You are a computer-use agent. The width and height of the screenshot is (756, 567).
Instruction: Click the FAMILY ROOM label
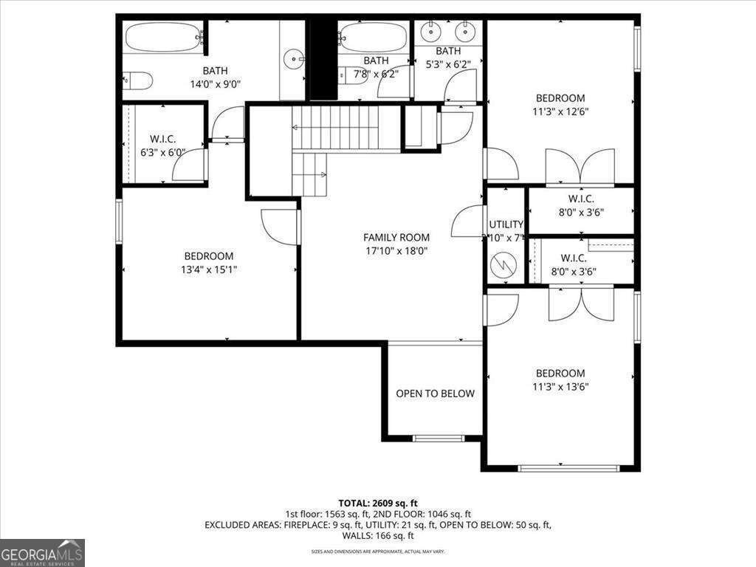pos(396,237)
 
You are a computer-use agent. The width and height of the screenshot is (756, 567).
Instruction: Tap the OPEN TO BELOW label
pos(435,394)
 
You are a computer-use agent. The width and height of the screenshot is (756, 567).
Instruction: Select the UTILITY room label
pos(506,224)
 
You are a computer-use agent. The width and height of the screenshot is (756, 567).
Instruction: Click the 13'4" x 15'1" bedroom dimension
pos(209,269)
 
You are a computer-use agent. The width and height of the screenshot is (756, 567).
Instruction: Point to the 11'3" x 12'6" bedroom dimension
pos(560,112)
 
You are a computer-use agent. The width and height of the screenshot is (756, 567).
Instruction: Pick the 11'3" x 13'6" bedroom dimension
pos(560,387)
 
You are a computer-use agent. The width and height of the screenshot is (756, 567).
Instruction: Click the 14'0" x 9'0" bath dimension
pos(215,84)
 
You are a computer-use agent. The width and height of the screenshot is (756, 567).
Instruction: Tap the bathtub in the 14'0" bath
pos(163,35)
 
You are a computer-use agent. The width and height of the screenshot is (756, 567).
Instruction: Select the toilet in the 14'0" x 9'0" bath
pos(137,80)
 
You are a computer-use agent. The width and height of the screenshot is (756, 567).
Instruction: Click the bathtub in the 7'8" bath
pos(373,36)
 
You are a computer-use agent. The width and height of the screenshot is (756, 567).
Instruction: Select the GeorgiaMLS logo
pos(43,552)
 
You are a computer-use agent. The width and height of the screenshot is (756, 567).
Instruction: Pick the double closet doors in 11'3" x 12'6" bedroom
pos(580,167)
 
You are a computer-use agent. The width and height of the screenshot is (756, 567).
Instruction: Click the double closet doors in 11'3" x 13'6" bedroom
pos(581,303)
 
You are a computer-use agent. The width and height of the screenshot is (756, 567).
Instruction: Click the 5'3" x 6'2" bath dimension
pos(447,63)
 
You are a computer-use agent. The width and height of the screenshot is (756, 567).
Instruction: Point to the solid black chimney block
pos(322,59)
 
